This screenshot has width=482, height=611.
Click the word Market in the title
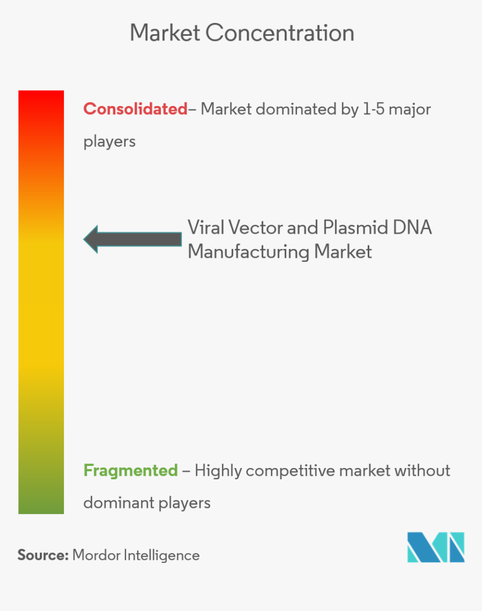pyautogui.click(x=165, y=33)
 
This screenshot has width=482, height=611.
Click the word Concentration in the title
pyautogui.click(x=280, y=33)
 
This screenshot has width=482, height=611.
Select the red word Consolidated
pyautogui.click(x=135, y=109)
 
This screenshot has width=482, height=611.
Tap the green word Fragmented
pyautogui.click(x=131, y=470)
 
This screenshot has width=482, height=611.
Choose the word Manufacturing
pyautogui.click(x=248, y=252)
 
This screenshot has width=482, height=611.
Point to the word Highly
pyautogui.click(x=218, y=471)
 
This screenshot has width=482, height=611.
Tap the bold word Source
pyautogui.click(x=43, y=555)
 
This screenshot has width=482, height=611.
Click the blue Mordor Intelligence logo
pyautogui.click(x=435, y=547)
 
